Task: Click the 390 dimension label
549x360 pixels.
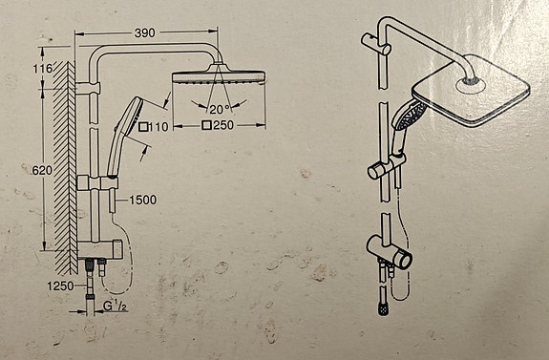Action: pos(144,32)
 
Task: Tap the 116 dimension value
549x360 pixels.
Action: pos(42,69)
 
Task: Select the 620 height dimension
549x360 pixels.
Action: pos(42,171)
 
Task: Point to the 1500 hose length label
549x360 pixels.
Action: pos(143,200)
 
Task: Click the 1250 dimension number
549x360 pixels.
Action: pos(60,286)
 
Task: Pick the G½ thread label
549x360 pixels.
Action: pos(115,307)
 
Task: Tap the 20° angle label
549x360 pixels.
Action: pos(220,109)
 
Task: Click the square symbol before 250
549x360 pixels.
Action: pos(207,125)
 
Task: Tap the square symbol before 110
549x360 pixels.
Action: pos(143,127)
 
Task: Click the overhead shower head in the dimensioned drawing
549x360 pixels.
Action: pos(219,74)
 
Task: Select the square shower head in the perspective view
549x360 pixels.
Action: pos(471,91)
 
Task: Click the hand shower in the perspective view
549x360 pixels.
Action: pos(406,126)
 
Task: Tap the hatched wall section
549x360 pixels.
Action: pos(66,167)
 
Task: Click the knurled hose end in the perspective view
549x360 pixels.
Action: pos(384,309)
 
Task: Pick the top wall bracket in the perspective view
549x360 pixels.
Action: pos(375,44)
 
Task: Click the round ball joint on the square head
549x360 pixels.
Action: pos(471,84)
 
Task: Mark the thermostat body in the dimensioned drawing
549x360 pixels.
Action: pos(100,249)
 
